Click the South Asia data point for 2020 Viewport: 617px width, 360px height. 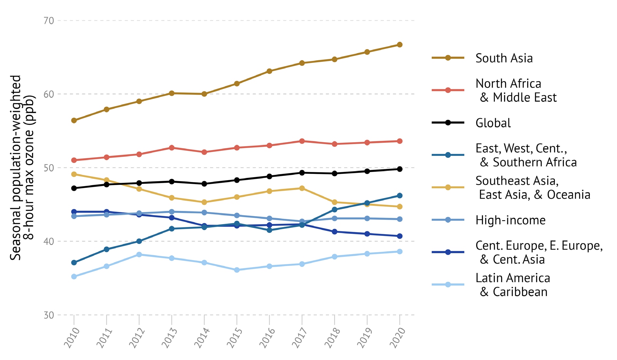tap(400, 45)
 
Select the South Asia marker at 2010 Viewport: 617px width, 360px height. tap(74, 121)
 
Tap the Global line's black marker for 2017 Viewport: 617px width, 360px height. tap(302, 173)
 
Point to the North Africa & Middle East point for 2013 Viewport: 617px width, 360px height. tap(172, 148)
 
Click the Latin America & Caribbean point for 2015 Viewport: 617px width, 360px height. tap(237, 270)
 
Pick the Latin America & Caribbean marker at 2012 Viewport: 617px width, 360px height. tap(139, 255)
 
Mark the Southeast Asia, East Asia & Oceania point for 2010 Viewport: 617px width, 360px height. tap(74, 174)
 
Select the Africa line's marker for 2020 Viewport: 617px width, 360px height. tap(400, 196)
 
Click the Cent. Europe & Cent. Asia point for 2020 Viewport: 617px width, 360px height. tap(400, 236)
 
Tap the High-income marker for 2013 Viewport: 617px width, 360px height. tap(172, 212)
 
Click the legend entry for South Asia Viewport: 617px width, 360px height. tap(504, 58)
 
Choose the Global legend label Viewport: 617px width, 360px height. tap(493, 123)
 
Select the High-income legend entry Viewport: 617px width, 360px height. tap(510, 220)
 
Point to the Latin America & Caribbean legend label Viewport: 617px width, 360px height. tap(513, 285)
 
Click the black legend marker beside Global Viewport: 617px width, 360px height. tap(448, 123)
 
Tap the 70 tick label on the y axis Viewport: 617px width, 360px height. tap(48, 21)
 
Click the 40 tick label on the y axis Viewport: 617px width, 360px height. tap(48, 241)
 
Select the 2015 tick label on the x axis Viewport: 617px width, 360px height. tap(235, 338)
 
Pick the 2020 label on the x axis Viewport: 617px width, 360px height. tap(398, 338)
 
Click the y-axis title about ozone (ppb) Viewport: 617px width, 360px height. tap(22, 168)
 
